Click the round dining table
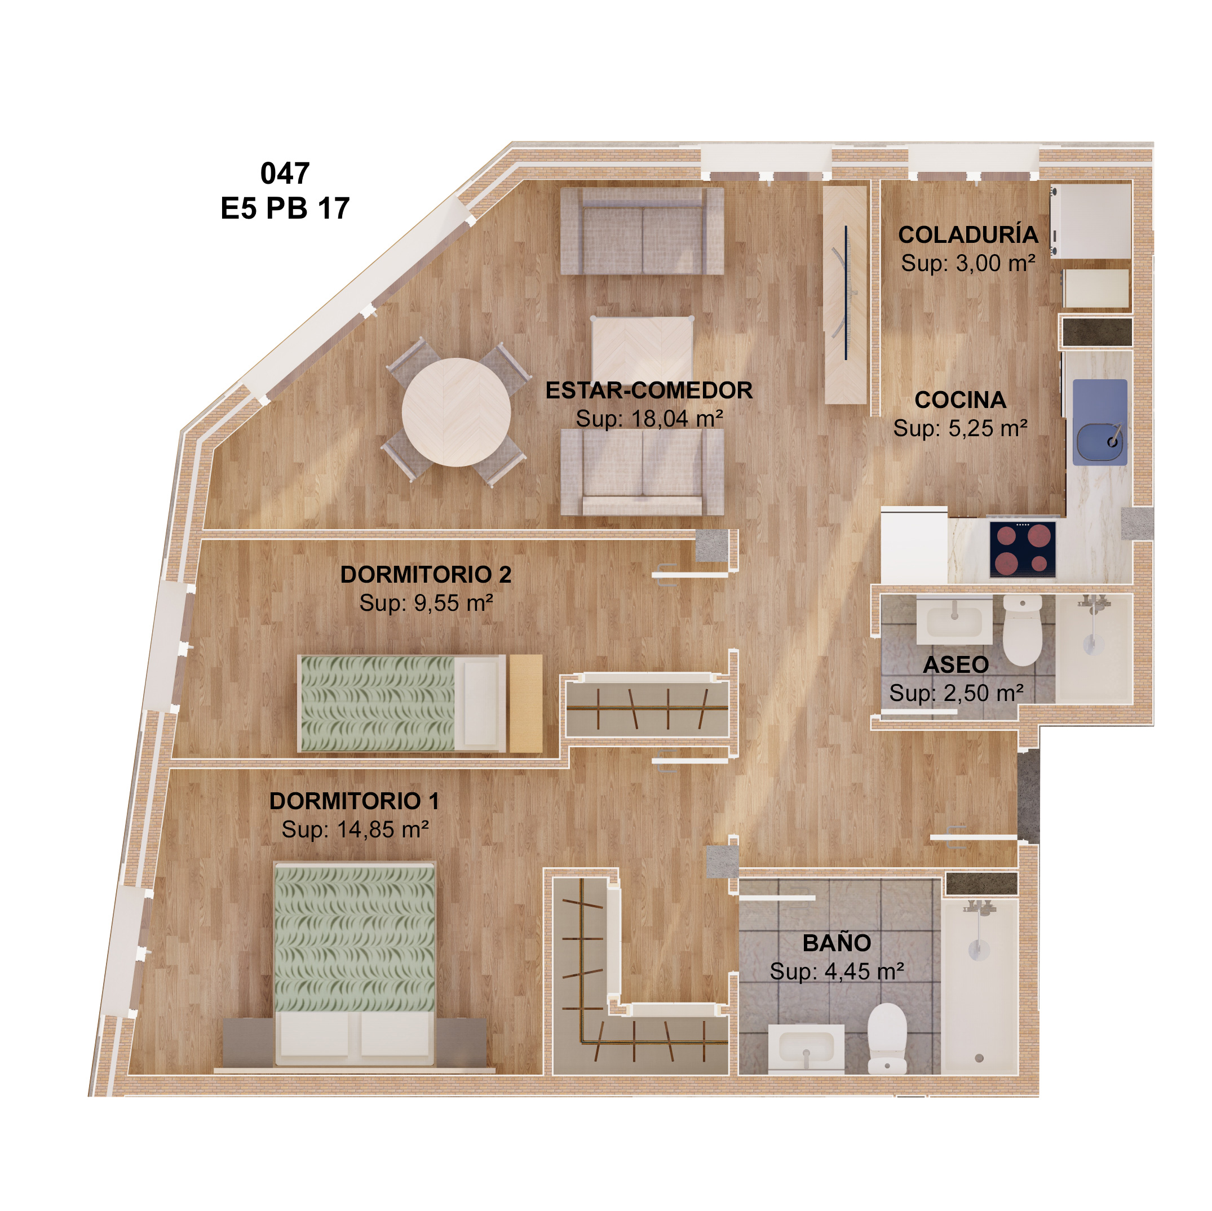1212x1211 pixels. [x=456, y=412]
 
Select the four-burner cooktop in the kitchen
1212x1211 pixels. [x=1023, y=549]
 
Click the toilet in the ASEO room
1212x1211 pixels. [x=1023, y=630]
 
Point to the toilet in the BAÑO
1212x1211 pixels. [x=887, y=1039]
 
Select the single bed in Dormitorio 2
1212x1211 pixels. [x=401, y=703]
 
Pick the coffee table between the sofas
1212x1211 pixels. [x=643, y=349]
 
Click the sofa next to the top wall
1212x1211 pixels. [x=642, y=231]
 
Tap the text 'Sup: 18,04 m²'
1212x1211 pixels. [x=649, y=418]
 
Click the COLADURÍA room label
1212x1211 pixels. [x=968, y=234]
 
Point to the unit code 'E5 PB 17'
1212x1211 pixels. [x=285, y=208]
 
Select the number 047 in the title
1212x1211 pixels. [x=285, y=173]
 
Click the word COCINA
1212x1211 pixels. [x=960, y=400]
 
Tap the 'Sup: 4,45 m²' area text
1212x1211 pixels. [x=837, y=972]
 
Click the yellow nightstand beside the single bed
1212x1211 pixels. [x=526, y=703]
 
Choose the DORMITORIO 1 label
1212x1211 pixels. [x=355, y=801]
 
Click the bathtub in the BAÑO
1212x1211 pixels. [x=979, y=984]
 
